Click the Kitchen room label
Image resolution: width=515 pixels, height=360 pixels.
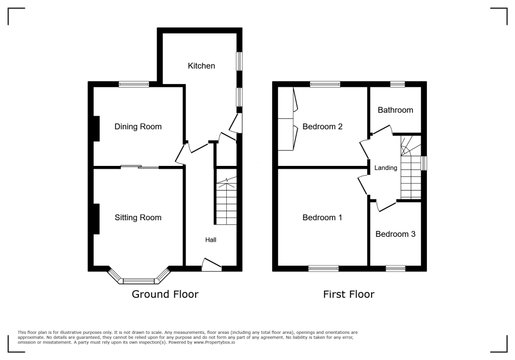[x=201, y=66]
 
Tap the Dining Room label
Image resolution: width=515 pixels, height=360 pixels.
[x=138, y=127]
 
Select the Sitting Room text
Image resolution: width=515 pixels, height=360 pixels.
[x=138, y=218]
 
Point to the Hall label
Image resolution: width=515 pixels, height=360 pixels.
[x=210, y=240]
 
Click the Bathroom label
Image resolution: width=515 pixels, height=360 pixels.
[x=395, y=110]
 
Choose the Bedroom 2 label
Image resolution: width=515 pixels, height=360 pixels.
[x=322, y=127]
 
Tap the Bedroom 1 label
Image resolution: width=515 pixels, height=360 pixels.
[x=322, y=218]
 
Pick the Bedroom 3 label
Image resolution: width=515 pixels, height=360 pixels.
[x=395, y=234]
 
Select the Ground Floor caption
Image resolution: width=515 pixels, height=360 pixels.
[x=165, y=295]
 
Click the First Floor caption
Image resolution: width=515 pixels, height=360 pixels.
[x=349, y=295]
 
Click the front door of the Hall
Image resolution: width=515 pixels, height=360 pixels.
[x=211, y=265]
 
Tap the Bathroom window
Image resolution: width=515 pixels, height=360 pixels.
[x=397, y=84]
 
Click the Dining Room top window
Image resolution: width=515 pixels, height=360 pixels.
[x=134, y=84]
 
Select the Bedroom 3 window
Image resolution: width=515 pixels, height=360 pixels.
[x=395, y=269]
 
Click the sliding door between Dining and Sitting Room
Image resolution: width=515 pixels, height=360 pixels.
[x=140, y=167]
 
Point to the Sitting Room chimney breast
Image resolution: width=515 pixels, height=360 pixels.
[x=96, y=219]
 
